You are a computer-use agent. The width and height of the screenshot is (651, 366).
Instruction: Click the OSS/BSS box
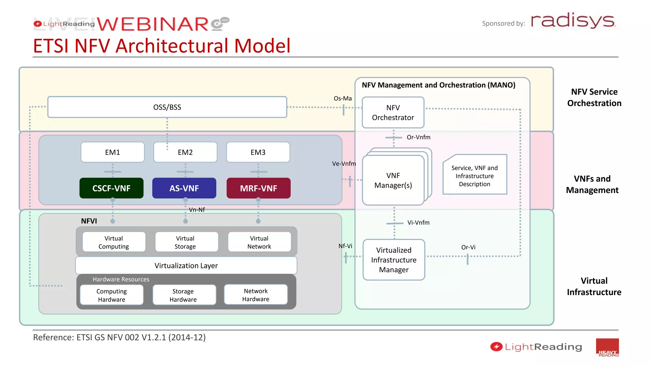coord(167,107)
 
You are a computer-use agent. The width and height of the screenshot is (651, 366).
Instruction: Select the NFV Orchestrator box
coord(393,112)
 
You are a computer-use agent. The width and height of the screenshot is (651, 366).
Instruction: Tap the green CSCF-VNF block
coord(112,188)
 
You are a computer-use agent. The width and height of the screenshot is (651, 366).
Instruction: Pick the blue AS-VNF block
coord(184,188)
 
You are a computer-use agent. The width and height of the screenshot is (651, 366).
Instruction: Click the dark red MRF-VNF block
coord(258,188)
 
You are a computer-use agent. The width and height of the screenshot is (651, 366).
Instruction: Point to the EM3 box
coord(258,152)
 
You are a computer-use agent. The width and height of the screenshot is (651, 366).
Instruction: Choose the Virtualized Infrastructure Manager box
coord(394,260)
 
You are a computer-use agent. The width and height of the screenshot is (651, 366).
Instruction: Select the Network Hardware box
coord(256,295)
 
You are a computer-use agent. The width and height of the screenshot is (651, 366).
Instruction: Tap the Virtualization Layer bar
coord(186,265)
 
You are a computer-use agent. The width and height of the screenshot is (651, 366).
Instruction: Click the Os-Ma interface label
coord(342,98)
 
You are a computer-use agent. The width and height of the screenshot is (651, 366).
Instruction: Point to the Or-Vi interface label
coord(468,247)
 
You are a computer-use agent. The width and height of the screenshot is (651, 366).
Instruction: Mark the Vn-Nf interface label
coord(197,210)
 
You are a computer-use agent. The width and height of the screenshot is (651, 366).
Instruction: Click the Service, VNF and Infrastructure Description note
coord(474,175)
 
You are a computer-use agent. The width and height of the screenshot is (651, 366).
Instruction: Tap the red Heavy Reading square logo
coord(607,348)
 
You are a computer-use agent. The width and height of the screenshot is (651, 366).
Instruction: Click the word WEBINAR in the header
coord(153,24)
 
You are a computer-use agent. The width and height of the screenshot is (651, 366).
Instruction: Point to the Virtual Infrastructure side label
coord(594,286)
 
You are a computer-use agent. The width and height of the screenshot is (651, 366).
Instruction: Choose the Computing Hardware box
coord(112,295)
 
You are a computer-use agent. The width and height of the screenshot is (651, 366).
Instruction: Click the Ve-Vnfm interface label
coord(344,164)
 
